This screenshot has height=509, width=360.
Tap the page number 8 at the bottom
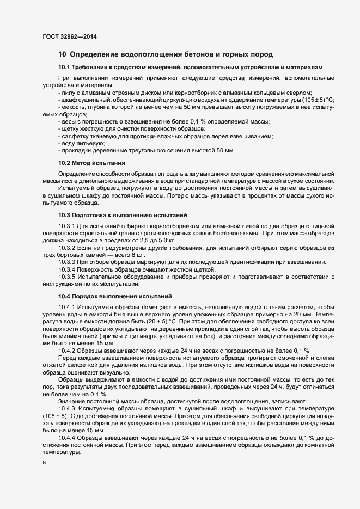coord(44,463)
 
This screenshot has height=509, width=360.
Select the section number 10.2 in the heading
coord(65,163)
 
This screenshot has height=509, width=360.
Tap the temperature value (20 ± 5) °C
coord(134,322)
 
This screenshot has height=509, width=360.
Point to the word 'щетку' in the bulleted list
coord(69,128)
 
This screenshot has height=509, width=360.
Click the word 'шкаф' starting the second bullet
coord(67,100)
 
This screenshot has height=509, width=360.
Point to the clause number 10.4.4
coord(67,437)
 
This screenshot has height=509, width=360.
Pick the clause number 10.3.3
coord(67,262)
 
